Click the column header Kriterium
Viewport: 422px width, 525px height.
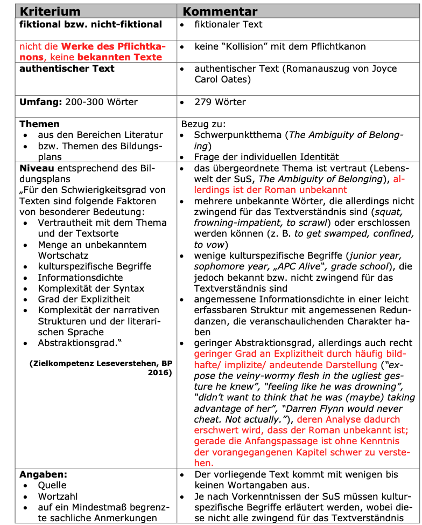point(50,11)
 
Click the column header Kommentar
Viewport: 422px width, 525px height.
point(220,11)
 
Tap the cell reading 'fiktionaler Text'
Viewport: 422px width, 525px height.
point(228,24)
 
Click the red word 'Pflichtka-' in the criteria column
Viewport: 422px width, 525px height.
point(139,46)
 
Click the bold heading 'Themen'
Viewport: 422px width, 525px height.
point(39,124)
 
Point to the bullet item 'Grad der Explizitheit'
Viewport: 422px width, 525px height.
point(84,299)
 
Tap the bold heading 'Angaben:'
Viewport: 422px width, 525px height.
point(44,474)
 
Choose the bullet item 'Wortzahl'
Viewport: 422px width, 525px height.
point(58,496)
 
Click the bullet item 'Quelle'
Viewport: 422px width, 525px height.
point(52,485)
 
